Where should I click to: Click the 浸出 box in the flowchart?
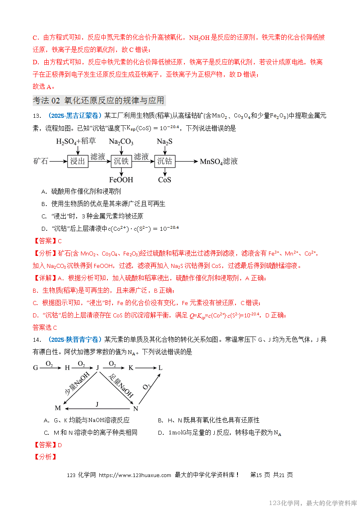pos(77,161)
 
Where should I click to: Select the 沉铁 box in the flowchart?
pos(121,161)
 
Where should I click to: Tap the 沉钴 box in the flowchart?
pos(164,161)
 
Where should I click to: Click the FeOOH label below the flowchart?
pos(121,180)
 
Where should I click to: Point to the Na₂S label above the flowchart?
pos(164,142)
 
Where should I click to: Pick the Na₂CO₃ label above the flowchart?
pos(121,142)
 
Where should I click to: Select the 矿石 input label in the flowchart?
pos(41,161)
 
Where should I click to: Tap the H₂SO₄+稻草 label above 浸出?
pos(76,142)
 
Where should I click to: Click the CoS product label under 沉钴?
pos(164,180)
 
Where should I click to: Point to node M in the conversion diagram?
pos(57,408)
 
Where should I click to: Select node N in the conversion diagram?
pos(135,408)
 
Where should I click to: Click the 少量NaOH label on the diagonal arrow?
pos(77,384)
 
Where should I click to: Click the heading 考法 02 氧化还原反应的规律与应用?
pos(98,100)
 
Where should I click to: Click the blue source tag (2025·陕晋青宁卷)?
pos(74,340)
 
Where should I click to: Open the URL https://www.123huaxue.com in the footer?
pos(135,475)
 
